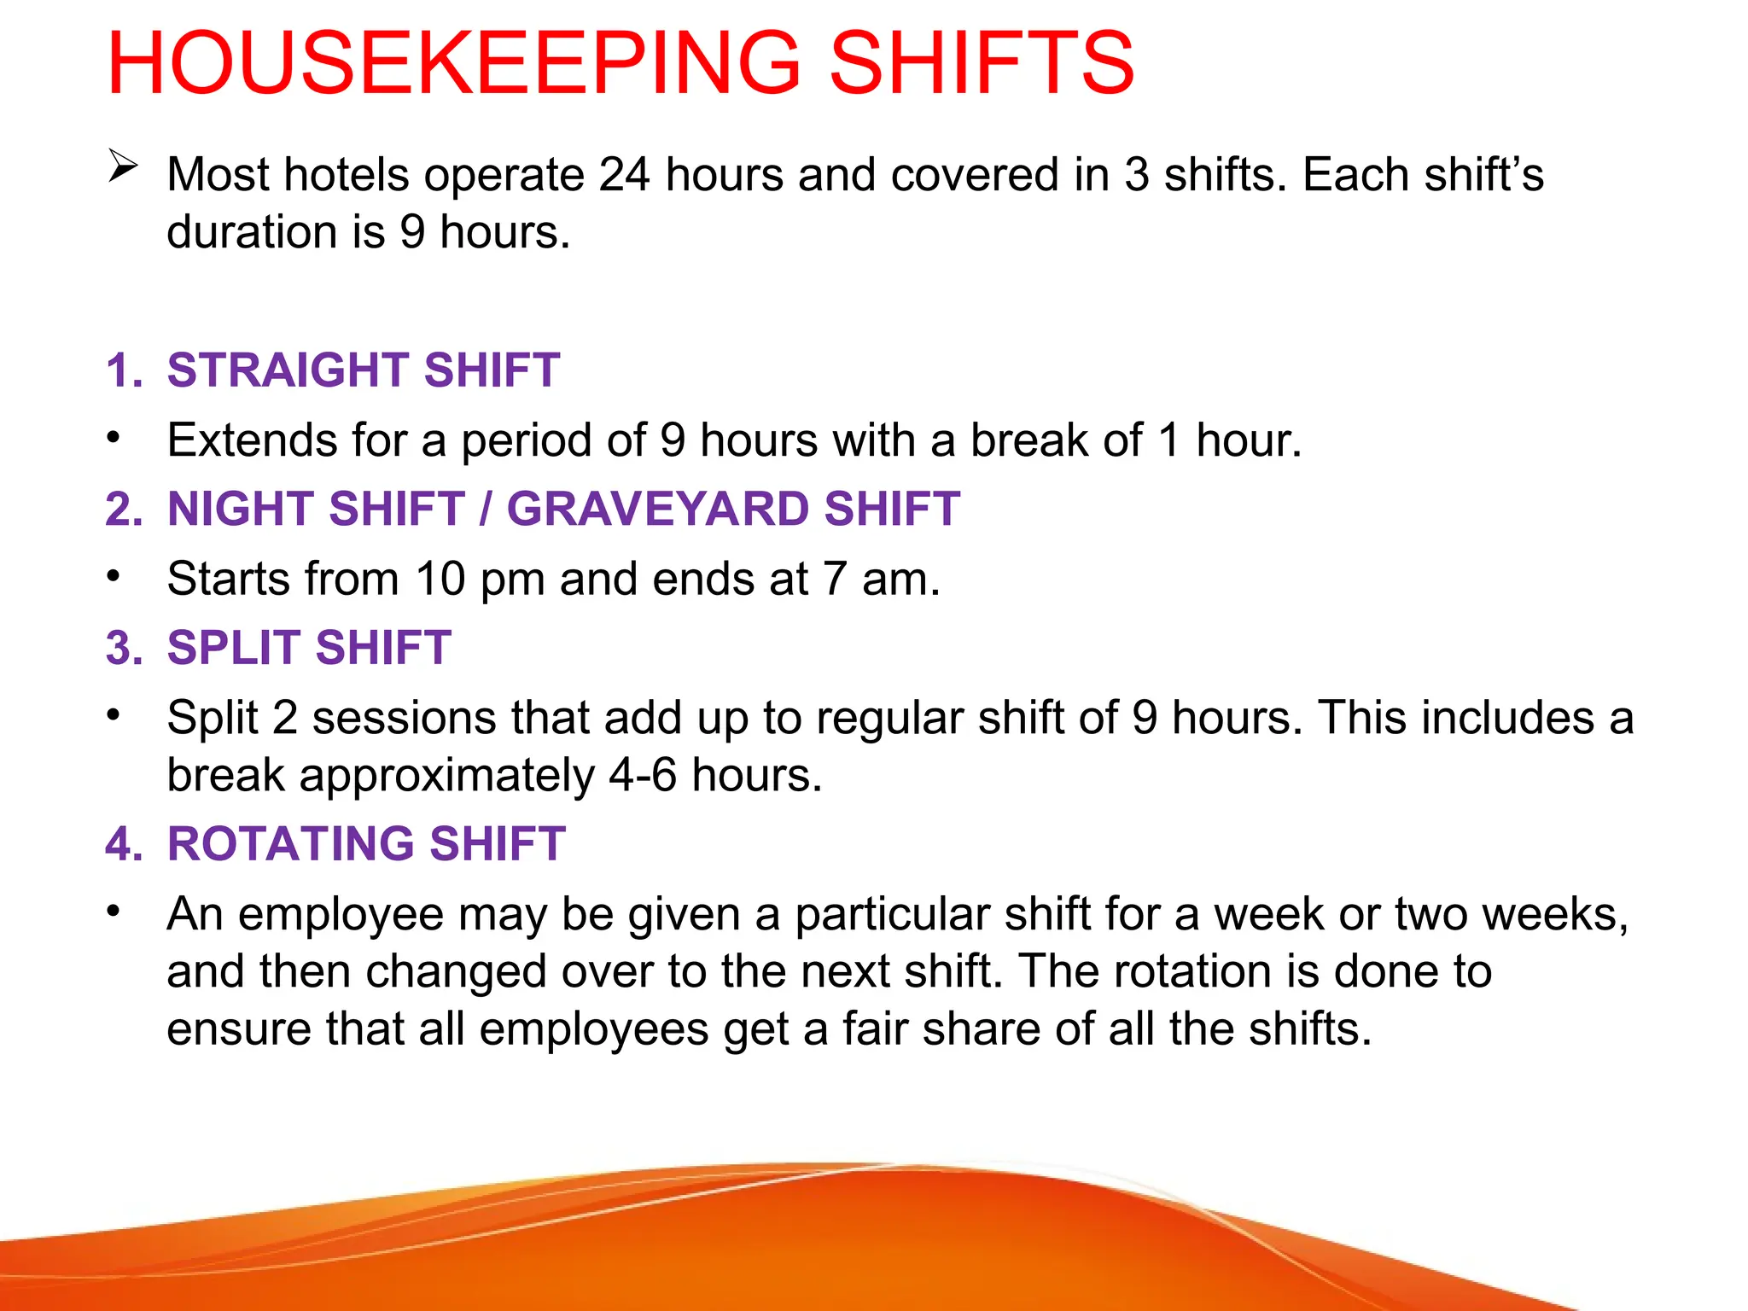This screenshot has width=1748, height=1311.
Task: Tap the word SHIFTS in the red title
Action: click(x=982, y=63)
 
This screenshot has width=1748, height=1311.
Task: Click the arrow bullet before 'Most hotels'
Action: click(x=123, y=166)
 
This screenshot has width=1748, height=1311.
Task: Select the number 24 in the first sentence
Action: click(x=625, y=175)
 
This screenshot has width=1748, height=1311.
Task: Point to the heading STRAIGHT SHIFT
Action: click(x=364, y=370)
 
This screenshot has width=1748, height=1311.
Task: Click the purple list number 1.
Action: click(x=123, y=370)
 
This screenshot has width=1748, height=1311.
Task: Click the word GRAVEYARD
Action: click(x=657, y=510)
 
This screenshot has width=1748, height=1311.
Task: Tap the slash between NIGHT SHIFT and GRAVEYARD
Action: click(x=486, y=510)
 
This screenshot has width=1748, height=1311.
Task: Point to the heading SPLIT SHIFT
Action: click(x=309, y=648)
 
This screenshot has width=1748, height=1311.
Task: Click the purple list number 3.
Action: click(x=123, y=648)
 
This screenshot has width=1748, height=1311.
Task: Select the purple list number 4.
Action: click(x=123, y=844)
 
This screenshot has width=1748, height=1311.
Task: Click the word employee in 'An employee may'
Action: click(x=341, y=914)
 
